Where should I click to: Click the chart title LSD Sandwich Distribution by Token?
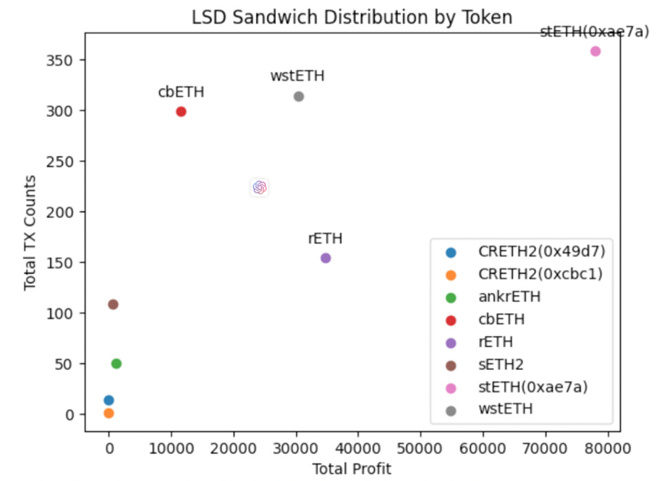(x=352, y=17)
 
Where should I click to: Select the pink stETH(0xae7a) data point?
(x=595, y=52)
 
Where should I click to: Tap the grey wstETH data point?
(x=298, y=96)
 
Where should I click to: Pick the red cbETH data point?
(x=181, y=112)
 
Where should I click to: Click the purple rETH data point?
(x=325, y=258)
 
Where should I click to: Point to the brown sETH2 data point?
(x=113, y=304)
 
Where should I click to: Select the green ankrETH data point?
(x=116, y=364)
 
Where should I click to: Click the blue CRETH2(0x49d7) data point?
(x=109, y=400)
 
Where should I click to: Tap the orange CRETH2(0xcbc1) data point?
(x=109, y=413)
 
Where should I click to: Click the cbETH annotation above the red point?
(x=181, y=92)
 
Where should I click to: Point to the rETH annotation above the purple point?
(x=325, y=239)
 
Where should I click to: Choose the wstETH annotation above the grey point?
(x=298, y=76)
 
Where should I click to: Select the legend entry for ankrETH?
(x=509, y=296)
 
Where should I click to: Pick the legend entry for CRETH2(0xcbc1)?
(x=540, y=274)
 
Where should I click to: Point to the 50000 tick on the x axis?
(x=420, y=446)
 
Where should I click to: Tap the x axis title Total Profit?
(x=352, y=469)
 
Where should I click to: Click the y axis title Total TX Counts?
(x=30, y=232)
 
